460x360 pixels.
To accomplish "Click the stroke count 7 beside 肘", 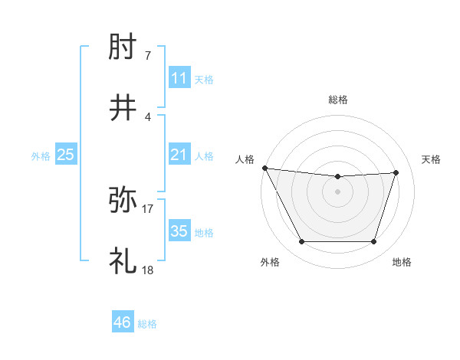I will [x=148, y=56].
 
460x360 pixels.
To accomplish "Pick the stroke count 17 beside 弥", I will [x=148, y=207].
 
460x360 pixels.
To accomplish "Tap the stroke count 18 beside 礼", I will [x=148, y=269].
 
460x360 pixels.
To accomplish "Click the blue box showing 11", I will [x=179, y=78].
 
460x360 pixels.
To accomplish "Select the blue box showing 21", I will [x=179, y=155].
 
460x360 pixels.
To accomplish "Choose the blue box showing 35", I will [x=179, y=231].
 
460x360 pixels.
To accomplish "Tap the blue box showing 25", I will [x=66, y=155].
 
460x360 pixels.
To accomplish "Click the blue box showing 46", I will [x=123, y=322].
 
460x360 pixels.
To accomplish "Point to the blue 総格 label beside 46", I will [x=147, y=324].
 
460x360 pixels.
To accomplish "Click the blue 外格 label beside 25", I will [x=41, y=156].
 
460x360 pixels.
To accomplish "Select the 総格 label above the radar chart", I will [x=338, y=100].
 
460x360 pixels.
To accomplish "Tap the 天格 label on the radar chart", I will [x=431, y=159].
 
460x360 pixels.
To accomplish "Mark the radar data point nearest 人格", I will [x=264, y=168].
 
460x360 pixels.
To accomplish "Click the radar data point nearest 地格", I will [x=374, y=242].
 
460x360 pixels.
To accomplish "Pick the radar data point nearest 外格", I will [x=301, y=242].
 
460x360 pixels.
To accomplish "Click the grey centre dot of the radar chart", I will [x=338, y=191].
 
